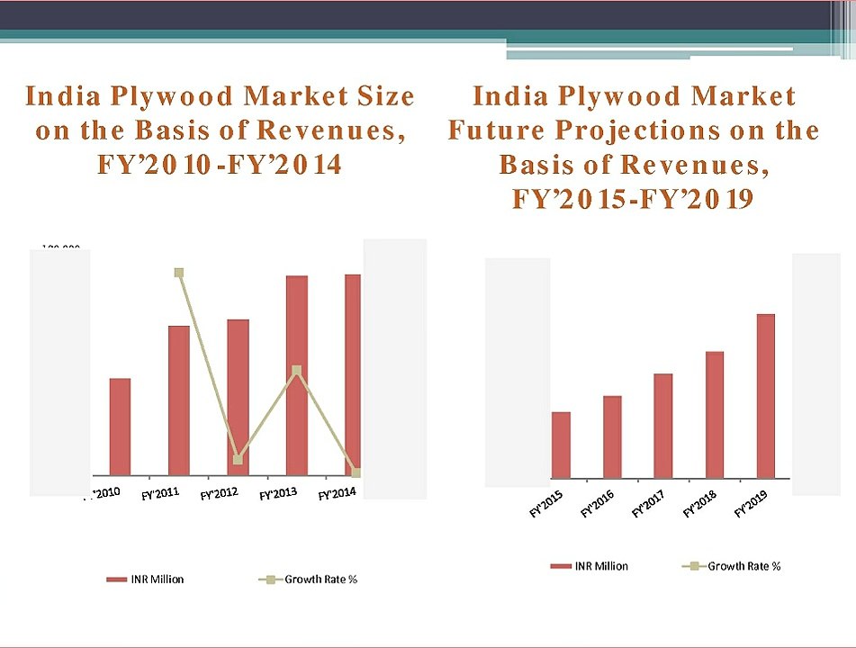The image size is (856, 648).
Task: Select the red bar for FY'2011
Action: coord(179,400)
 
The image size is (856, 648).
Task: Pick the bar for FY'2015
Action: coord(561,445)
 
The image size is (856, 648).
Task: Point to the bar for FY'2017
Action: coord(663,426)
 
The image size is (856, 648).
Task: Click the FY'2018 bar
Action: coord(715,414)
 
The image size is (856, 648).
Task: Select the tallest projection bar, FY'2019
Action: coord(766,396)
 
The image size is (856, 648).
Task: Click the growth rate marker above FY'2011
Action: coord(179,273)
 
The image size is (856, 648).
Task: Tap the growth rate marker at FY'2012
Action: coord(238,460)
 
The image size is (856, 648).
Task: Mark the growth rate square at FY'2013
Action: coord(297,370)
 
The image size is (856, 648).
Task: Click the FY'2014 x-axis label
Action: coord(338,494)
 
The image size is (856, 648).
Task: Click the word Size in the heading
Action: coord(379,96)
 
